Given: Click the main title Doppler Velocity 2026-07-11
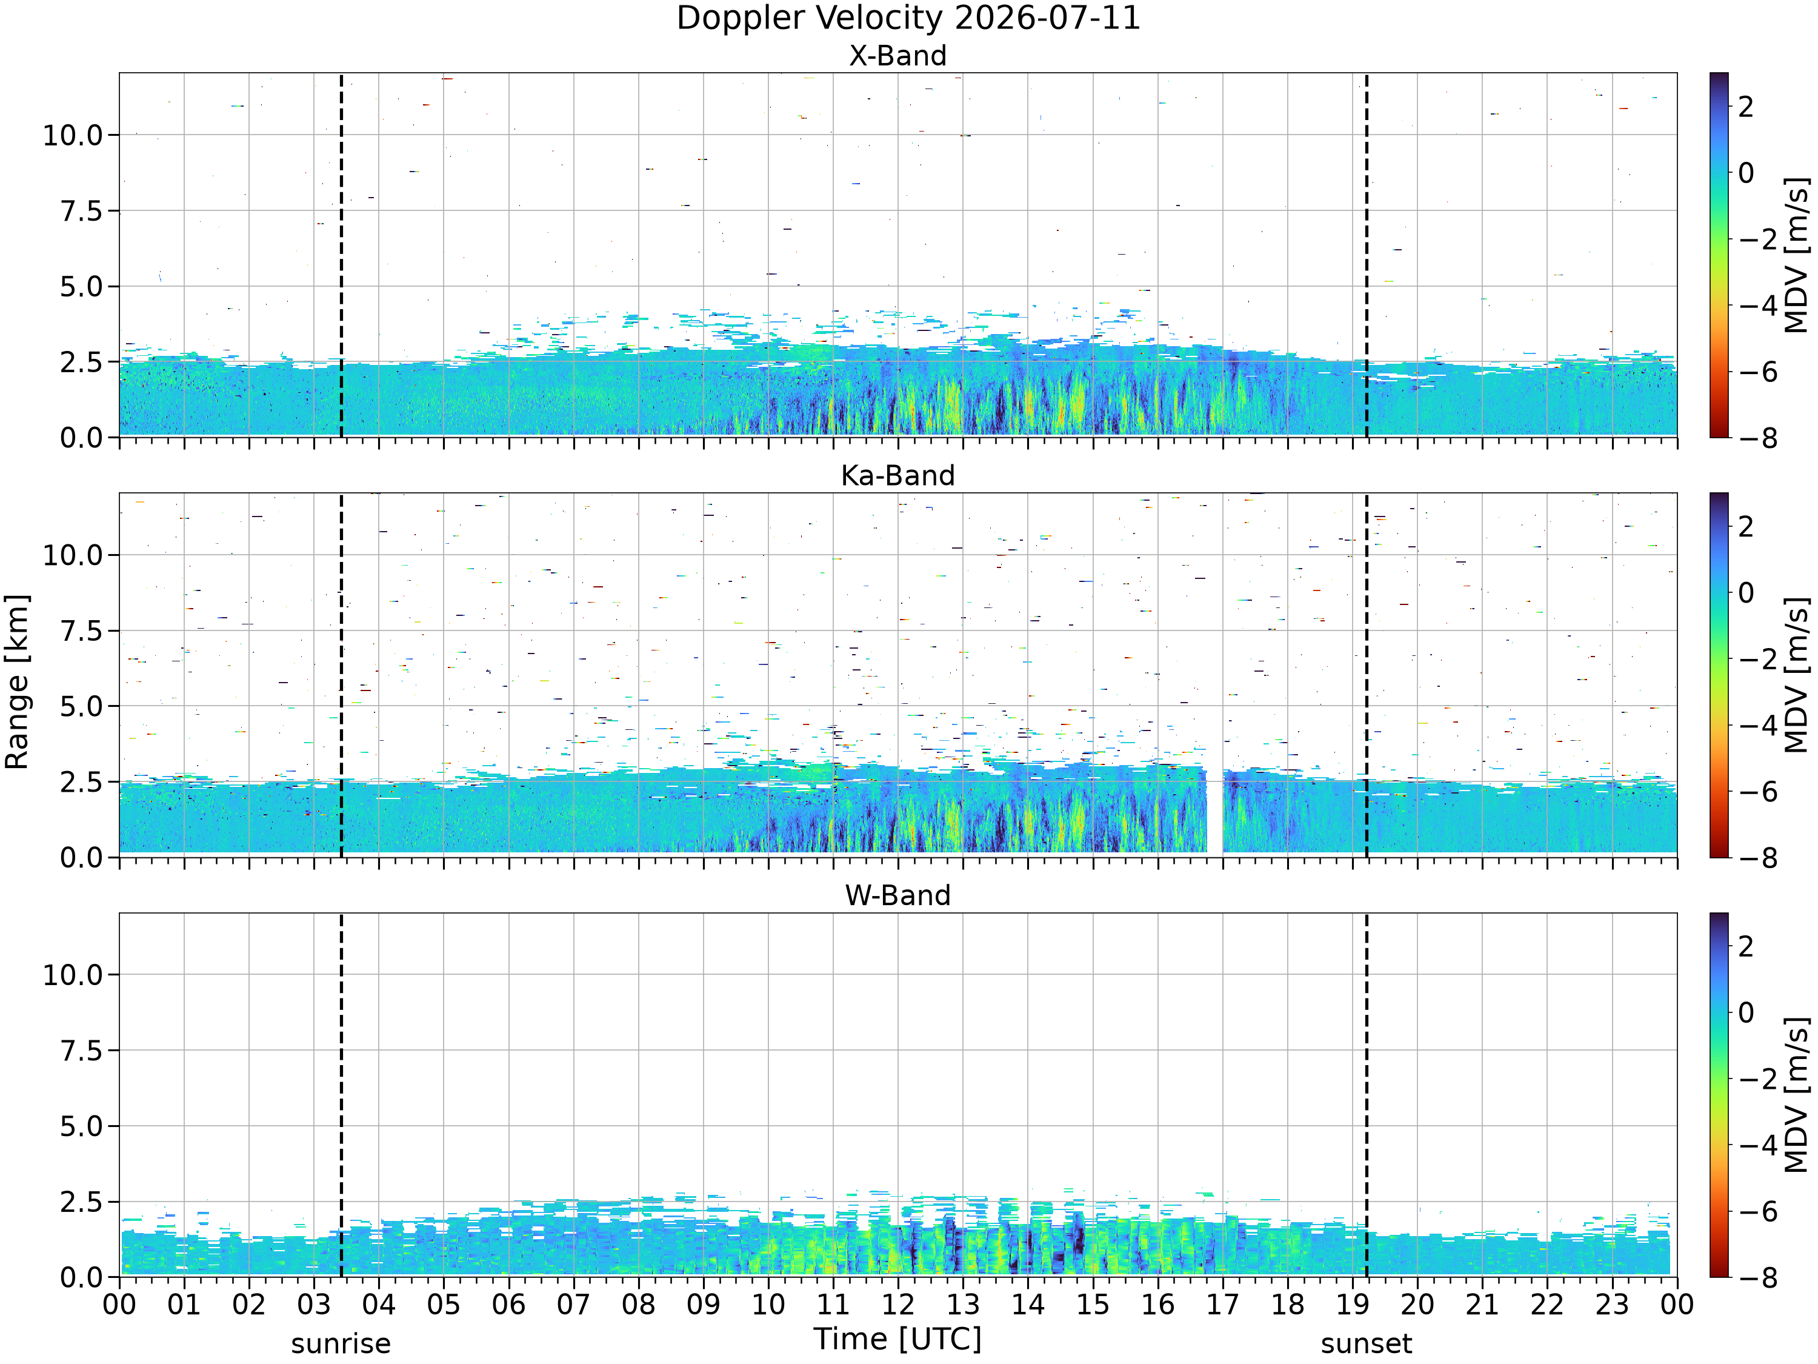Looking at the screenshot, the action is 908,18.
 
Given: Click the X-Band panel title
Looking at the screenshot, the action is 897,56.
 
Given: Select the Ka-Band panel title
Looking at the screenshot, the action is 897,475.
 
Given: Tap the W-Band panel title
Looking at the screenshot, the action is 897,895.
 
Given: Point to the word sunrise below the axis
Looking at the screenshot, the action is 341,1343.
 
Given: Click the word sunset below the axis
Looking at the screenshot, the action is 1366,1343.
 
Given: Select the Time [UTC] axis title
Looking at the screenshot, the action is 897,1339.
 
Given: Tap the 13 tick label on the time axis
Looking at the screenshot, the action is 962,1304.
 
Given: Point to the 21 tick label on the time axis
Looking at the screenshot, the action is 1482,1304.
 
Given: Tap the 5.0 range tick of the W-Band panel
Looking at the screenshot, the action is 82,1126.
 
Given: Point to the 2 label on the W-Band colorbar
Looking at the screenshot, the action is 1746,946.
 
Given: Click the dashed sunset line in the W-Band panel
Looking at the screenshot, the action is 1366,1094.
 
